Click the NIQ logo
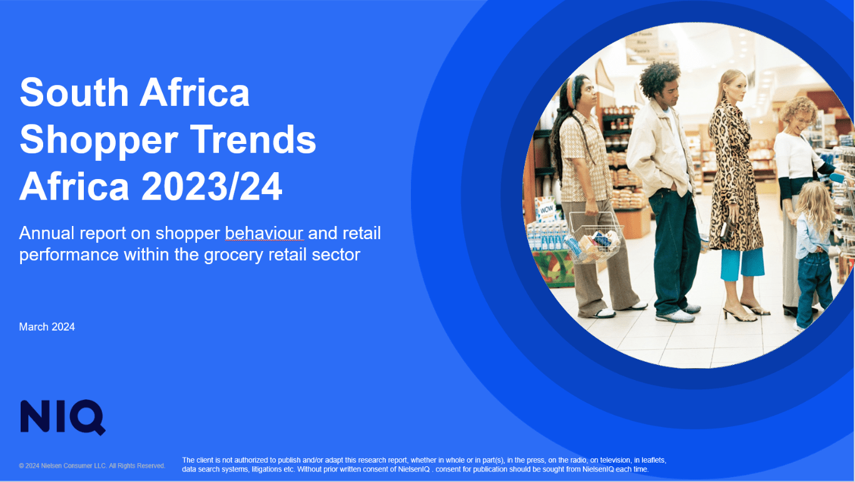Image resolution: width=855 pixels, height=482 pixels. pyautogui.click(x=63, y=417)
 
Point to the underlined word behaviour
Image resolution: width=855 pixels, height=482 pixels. pyautogui.click(x=264, y=233)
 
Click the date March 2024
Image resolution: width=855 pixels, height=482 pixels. pyautogui.click(x=47, y=327)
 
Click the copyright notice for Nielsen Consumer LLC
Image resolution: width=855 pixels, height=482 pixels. pyautogui.click(x=92, y=466)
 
